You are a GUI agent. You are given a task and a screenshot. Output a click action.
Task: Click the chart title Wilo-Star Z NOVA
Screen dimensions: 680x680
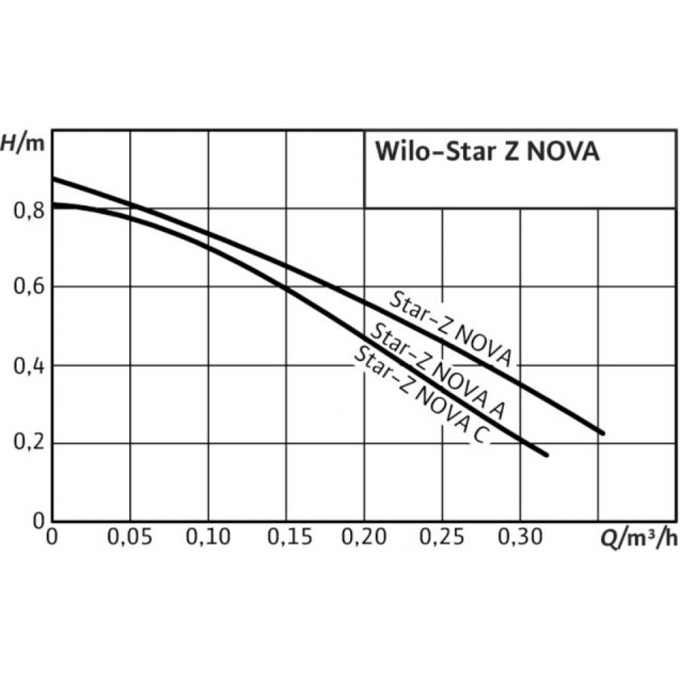[487, 152]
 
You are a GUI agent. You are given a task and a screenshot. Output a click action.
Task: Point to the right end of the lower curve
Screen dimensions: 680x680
[545, 455]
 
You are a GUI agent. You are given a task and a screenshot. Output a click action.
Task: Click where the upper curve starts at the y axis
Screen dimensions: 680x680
[54, 179]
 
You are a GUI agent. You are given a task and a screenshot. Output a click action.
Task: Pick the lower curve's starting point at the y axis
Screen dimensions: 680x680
[54, 205]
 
